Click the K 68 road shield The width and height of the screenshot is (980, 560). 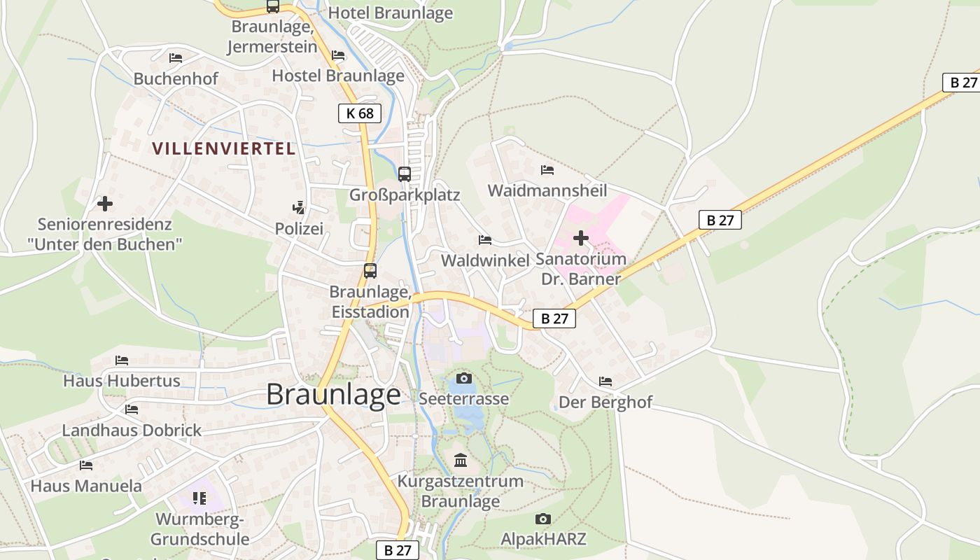(360, 113)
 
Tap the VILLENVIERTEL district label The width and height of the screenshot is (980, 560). (224, 148)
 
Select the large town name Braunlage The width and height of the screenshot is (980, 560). (334, 395)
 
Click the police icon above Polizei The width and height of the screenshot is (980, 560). (299, 208)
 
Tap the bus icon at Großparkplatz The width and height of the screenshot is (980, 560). (405, 174)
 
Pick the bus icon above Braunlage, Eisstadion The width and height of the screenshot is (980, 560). (370, 271)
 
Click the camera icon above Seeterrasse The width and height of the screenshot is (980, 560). (464, 379)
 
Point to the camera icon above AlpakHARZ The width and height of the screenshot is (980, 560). (542, 519)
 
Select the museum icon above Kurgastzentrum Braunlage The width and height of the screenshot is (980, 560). (461, 460)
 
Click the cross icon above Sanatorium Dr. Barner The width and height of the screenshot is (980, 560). (580, 239)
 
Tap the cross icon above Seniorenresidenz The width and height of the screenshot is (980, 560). (105, 204)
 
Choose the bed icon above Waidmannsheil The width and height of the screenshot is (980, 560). (547, 170)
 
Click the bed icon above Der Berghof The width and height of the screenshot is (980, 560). (605, 381)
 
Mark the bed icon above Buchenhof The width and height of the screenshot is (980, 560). (176, 58)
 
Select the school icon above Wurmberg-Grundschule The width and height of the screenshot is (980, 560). (199, 498)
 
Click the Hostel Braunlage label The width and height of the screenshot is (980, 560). (338, 76)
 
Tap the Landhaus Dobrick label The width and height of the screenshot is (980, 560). (132, 430)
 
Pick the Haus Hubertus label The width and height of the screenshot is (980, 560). (122, 381)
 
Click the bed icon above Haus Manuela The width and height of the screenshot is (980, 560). (86, 465)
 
